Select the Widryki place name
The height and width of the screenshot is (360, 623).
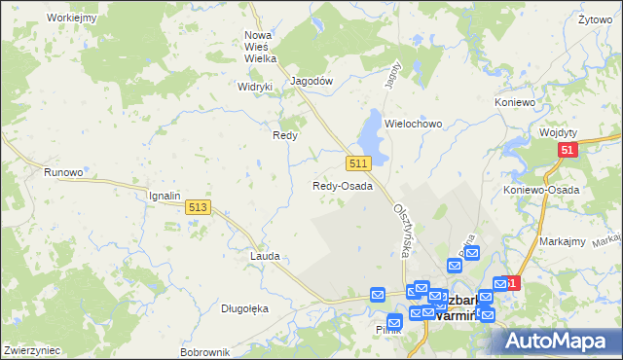click(256, 86)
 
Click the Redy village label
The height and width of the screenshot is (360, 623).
click(284, 136)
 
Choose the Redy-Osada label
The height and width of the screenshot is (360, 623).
click(343, 186)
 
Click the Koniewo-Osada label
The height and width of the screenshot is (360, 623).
click(541, 190)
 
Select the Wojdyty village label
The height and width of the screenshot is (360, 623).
click(558, 132)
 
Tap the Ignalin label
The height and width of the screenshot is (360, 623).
click(165, 196)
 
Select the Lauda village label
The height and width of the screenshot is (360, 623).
click(265, 256)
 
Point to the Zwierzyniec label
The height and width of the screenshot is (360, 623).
click(32, 349)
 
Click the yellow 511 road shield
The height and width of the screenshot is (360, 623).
click(358, 162)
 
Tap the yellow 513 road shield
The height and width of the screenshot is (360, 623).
click(198, 207)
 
